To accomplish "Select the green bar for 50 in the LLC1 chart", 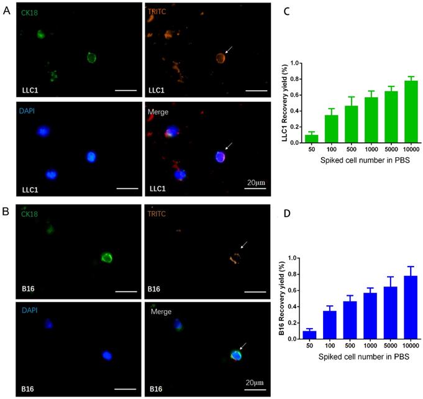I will pos(311,139).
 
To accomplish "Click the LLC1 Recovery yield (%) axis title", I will pos(281,103).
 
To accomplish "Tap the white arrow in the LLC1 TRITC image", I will pos(230,52).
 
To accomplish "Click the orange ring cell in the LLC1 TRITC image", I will pos(219,58).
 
